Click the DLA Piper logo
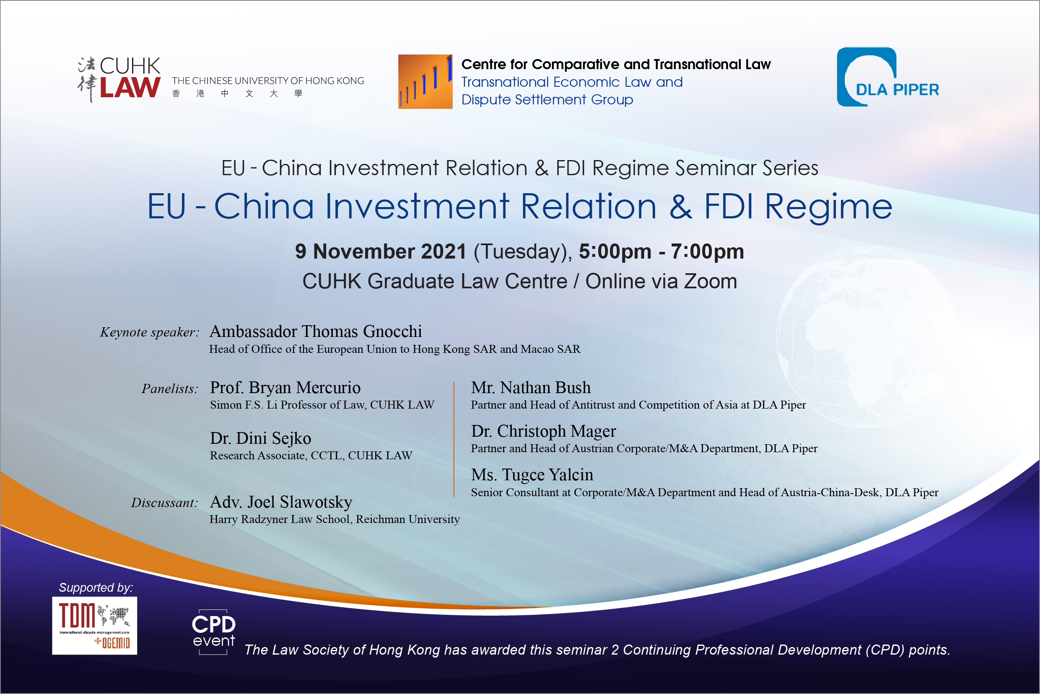pyautogui.click(x=888, y=77)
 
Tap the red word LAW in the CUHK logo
pyautogui.click(x=130, y=87)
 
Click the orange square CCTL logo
pyautogui.click(x=425, y=81)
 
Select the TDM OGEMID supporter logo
pyautogui.click(x=95, y=625)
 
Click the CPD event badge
pyautogui.click(x=213, y=632)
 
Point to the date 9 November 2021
pyautogui.click(x=381, y=251)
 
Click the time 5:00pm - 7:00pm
pyautogui.click(x=661, y=251)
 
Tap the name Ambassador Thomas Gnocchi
pyautogui.click(x=316, y=331)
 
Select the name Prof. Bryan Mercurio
pyautogui.click(x=285, y=387)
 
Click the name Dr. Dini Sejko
pyautogui.click(x=260, y=438)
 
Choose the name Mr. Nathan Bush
pyautogui.click(x=531, y=387)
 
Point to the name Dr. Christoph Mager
pyautogui.click(x=543, y=431)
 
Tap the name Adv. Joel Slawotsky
pyautogui.click(x=281, y=502)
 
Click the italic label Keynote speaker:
pyautogui.click(x=150, y=332)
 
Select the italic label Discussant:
pyautogui.click(x=165, y=503)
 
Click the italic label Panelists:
pyautogui.click(x=170, y=388)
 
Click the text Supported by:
pyautogui.click(x=96, y=587)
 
